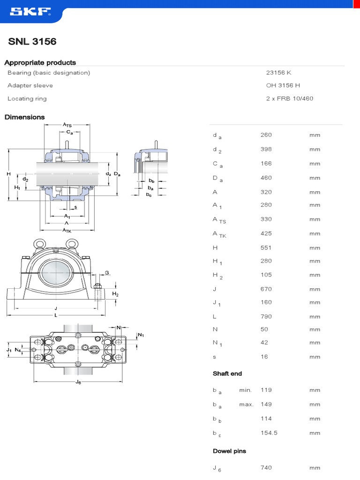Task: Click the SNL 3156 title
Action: (32, 42)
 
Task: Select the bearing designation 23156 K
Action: (279, 73)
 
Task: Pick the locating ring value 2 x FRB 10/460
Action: (290, 98)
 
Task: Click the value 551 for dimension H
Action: (266, 247)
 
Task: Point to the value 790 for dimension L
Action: (266, 316)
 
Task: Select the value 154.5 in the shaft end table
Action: (269, 433)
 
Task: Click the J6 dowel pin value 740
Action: (266, 467)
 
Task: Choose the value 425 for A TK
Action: (266, 233)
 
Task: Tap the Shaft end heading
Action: (227, 374)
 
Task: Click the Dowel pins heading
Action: (229, 451)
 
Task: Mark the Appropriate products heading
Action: (40, 62)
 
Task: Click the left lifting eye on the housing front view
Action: (37, 244)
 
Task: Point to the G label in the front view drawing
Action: (107, 272)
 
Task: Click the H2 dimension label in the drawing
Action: (115, 294)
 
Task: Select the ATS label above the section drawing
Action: (67, 125)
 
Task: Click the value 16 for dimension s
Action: (264, 357)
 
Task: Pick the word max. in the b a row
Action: (246, 404)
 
